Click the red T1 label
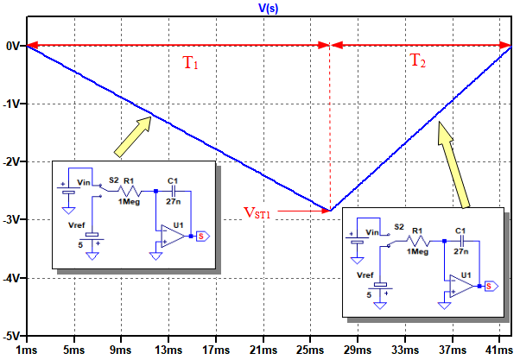190,65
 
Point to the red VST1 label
257,211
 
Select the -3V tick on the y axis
12,219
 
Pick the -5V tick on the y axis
12,335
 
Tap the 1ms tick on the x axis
26,351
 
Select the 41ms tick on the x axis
498,351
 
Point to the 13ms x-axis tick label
168,351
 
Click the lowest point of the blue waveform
330,210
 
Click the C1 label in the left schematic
173,181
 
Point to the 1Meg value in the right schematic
418,250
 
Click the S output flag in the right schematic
489,286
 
